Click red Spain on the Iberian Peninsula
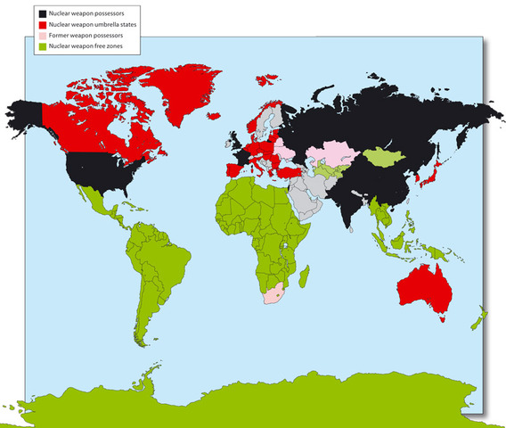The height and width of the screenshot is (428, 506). point(233,170)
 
